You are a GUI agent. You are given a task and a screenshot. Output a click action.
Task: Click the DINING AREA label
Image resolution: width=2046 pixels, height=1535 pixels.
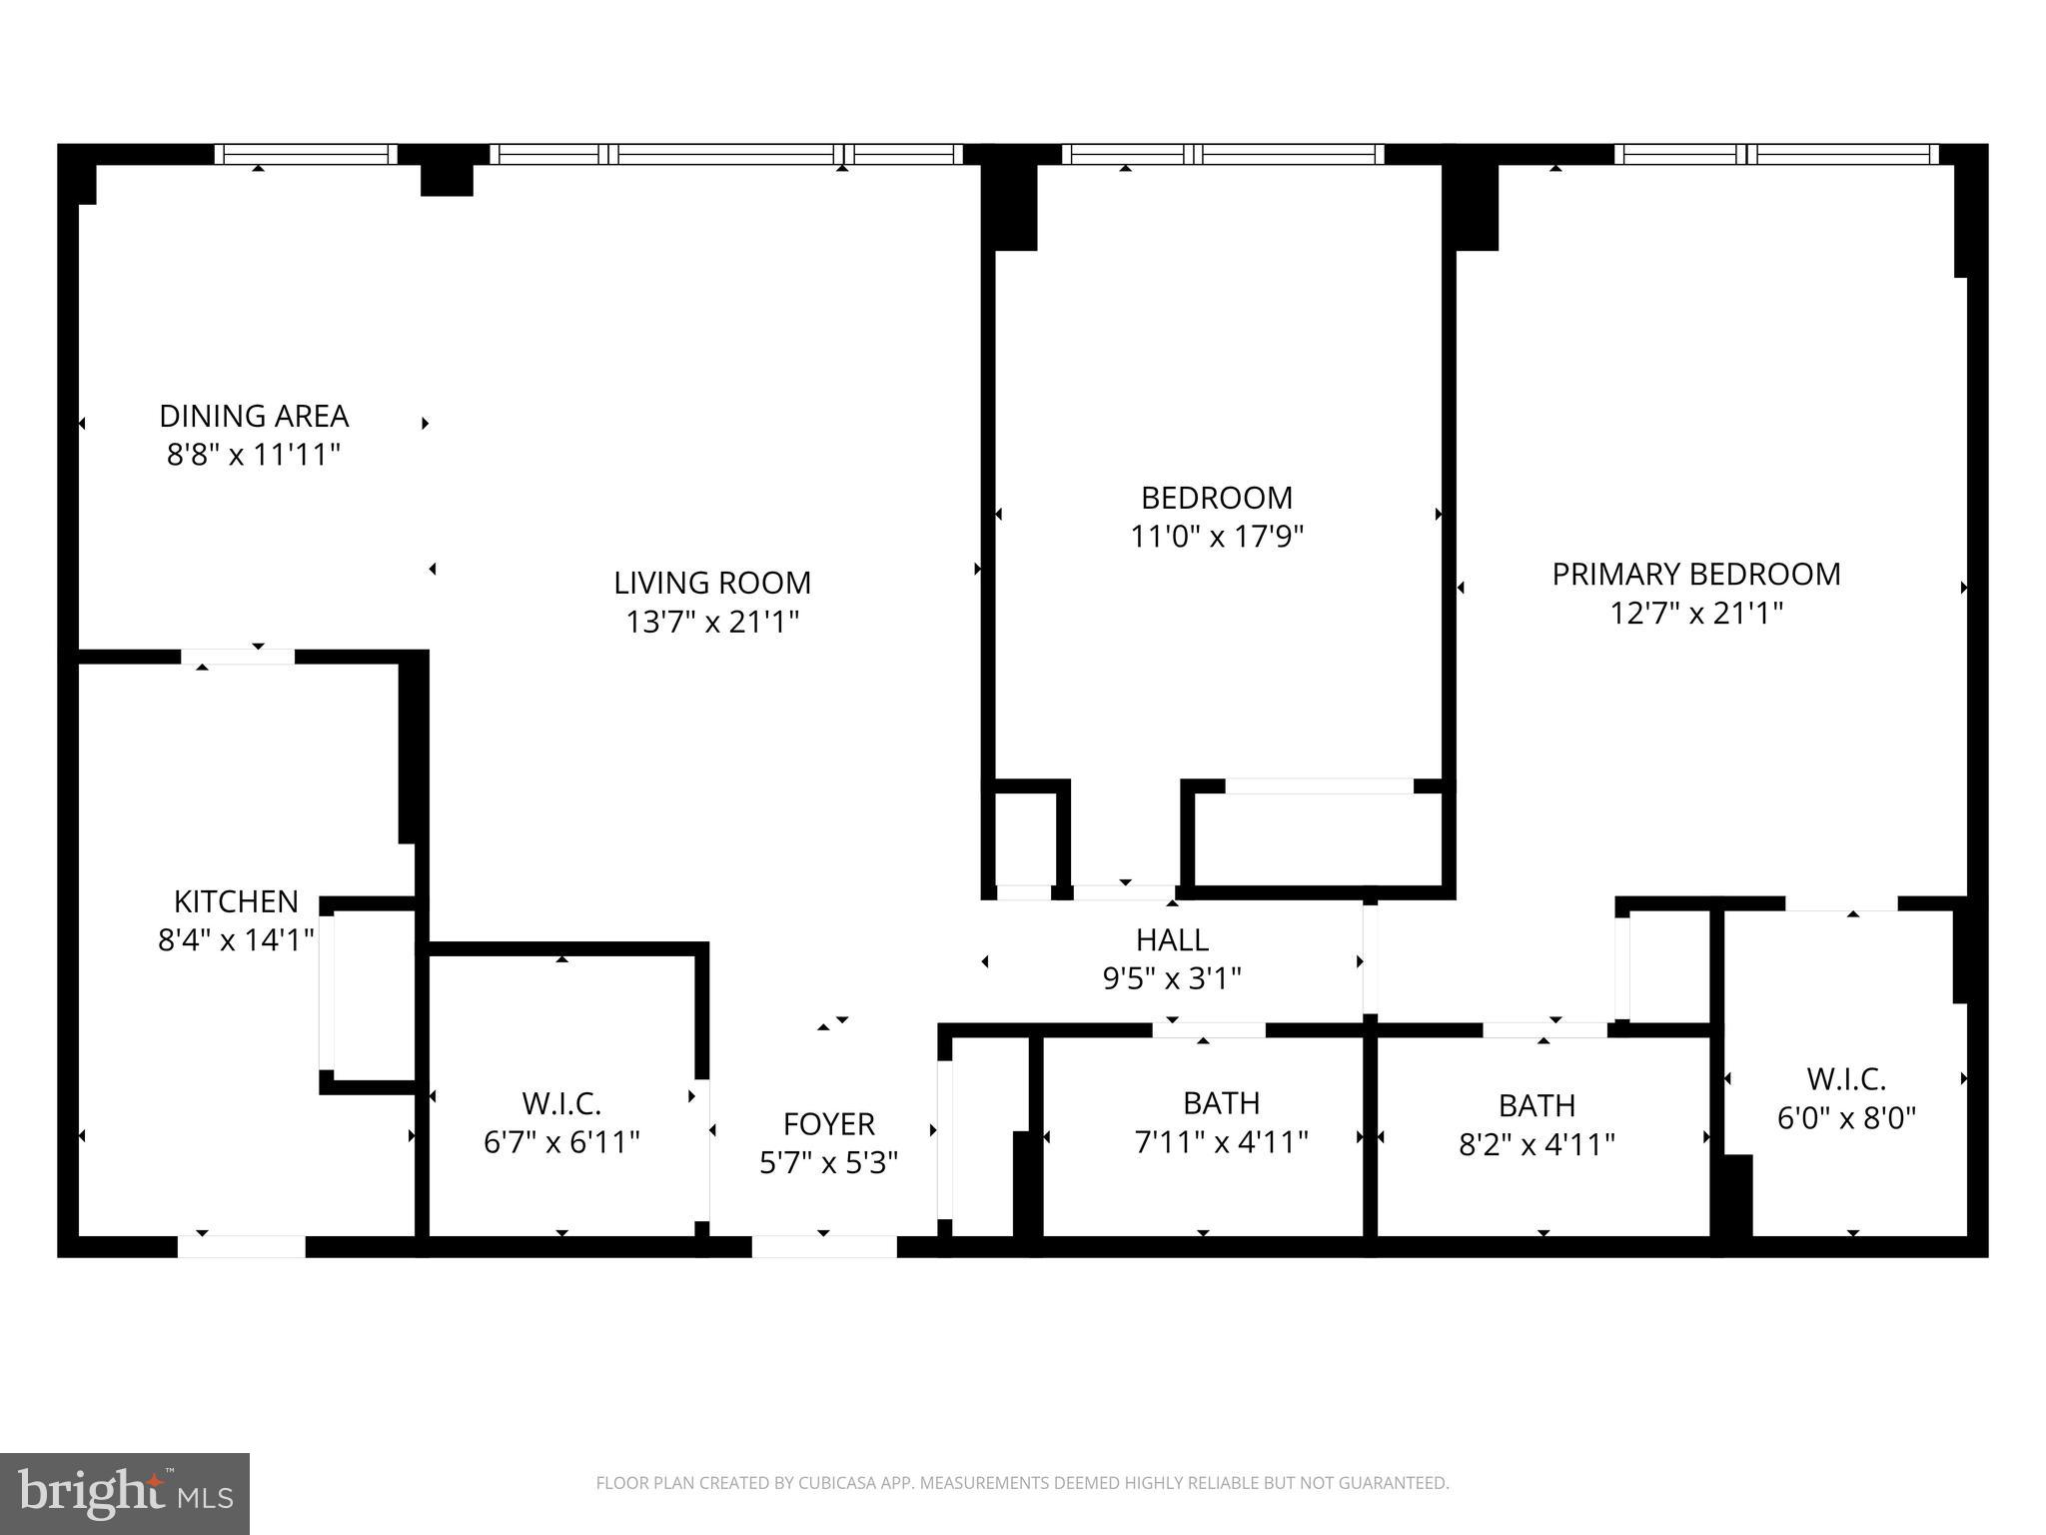point(254,416)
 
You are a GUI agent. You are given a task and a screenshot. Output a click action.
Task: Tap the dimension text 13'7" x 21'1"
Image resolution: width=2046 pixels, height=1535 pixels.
point(712,623)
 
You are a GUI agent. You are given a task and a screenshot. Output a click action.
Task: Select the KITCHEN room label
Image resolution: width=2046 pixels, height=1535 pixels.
point(236,901)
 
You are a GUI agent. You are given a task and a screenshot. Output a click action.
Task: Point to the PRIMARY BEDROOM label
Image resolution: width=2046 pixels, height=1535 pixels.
point(1695,574)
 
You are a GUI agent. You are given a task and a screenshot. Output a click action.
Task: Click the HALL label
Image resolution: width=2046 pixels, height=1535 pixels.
point(1172,939)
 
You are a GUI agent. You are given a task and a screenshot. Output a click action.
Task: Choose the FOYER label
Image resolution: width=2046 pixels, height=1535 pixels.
point(828,1124)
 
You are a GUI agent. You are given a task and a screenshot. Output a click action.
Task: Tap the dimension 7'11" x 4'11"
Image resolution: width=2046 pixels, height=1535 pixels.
point(1221,1142)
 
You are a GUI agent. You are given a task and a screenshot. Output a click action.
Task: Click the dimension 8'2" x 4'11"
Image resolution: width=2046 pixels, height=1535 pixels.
point(1536,1144)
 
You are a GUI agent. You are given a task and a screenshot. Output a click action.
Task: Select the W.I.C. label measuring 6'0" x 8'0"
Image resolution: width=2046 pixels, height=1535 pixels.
point(1845,1079)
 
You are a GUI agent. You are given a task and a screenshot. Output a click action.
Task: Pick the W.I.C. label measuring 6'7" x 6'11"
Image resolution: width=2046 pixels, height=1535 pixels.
point(561,1104)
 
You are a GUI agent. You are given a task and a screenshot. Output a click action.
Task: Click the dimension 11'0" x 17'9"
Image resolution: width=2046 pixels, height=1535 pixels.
point(1217,537)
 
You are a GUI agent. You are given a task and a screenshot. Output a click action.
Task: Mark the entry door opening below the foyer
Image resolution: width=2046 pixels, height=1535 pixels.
point(824,1246)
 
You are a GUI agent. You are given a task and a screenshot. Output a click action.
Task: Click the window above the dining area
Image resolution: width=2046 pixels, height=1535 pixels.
point(306,154)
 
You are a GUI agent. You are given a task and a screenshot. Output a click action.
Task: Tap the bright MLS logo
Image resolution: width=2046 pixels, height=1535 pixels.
point(125,1493)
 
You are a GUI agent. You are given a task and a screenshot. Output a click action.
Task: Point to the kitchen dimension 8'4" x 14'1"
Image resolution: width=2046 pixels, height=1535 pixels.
point(236,940)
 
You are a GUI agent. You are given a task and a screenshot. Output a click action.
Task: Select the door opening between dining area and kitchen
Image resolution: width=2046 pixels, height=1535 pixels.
point(238,657)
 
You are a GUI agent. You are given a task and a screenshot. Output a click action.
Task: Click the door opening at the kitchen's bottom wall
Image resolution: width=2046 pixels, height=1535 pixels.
point(241,1246)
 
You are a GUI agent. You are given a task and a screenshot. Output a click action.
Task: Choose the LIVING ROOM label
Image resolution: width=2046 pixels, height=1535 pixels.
point(712,583)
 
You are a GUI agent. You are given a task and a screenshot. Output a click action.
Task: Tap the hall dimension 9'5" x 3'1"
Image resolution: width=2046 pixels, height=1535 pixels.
point(1172,978)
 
